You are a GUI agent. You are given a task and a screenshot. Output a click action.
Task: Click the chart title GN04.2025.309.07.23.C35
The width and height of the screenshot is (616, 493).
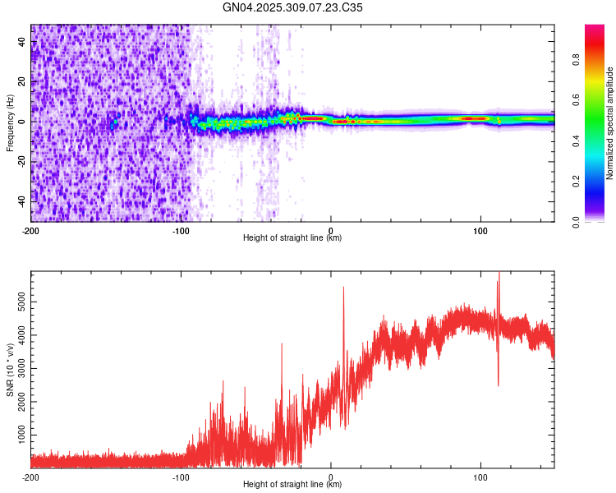(293, 7)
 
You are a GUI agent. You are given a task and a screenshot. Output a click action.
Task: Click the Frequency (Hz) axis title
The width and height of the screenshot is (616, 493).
(10, 123)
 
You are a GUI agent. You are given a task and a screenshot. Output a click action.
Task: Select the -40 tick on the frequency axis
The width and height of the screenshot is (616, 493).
(22, 200)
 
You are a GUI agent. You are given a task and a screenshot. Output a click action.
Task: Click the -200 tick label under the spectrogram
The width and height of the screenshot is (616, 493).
(31, 230)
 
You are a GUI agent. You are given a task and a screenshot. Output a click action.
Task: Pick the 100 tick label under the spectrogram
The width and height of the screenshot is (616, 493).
(480, 230)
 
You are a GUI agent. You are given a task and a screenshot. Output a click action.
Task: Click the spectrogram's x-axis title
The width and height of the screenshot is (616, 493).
(292, 238)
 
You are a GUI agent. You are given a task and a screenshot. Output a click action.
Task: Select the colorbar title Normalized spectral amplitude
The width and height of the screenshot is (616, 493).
(610, 123)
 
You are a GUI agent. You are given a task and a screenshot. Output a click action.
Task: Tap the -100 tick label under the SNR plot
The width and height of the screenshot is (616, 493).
(181, 477)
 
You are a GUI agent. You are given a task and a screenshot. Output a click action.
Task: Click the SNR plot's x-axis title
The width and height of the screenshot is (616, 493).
(292, 485)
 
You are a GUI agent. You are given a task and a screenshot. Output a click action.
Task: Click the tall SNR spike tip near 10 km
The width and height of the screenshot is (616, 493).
(343, 288)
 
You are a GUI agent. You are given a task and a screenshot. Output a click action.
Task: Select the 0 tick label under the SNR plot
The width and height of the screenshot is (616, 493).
(331, 477)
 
